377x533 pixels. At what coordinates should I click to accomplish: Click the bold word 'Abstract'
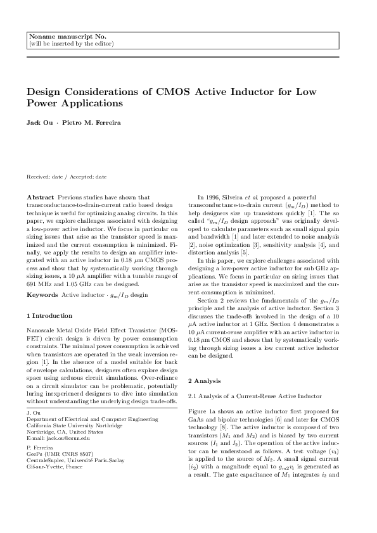tap(40, 198)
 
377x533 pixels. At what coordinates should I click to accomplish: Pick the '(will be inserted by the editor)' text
tap(72, 44)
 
